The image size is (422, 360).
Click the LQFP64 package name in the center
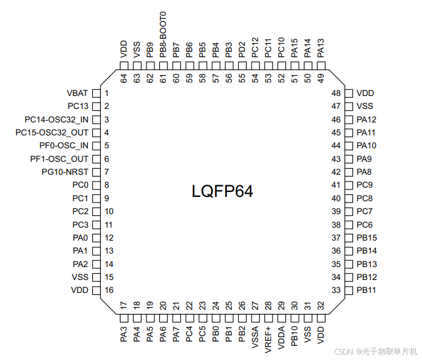click(x=222, y=191)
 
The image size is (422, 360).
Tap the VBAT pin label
click(x=78, y=94)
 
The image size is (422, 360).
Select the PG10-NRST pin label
click(x=65, y=172)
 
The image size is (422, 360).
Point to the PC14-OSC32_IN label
click(x=57, y=119)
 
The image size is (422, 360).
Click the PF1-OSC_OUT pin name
click(x=59, y=159)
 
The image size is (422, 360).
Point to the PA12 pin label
click(x=367, y=119)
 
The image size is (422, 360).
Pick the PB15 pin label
click(x=367, y=238)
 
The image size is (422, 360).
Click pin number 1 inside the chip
click(x=106, y=94)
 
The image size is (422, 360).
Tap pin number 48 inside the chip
click(x=336, y=94)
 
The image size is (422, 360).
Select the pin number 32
click(x=320, y=305)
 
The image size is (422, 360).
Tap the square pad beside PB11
click(x=348, y=290)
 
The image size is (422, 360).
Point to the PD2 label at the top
click(x=242, y=47)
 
